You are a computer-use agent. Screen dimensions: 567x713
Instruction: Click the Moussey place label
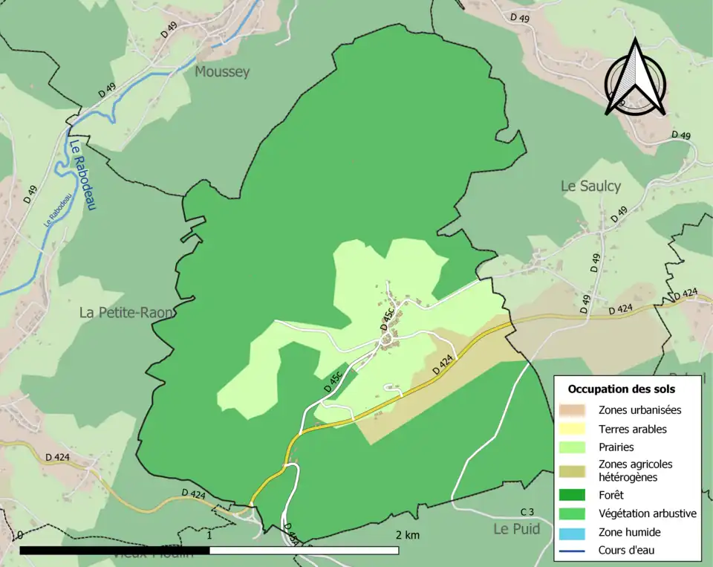(x=222, y=72)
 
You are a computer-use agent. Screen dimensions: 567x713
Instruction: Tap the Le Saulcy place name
(x=590, y=187)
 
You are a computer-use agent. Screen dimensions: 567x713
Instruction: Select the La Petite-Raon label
(x=127, y=313)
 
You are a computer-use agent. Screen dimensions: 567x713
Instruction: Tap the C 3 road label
(x=527, y=511)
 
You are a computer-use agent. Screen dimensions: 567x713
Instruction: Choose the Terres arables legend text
(x=632, y=429)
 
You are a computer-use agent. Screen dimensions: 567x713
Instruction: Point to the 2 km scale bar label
(x=407, y=535)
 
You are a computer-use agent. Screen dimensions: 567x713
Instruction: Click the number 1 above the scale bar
(x=209, y=535)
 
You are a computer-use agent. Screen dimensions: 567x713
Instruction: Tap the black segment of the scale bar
(x=114, y=551)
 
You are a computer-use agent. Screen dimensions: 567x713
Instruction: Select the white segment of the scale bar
(x=304, y=551)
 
